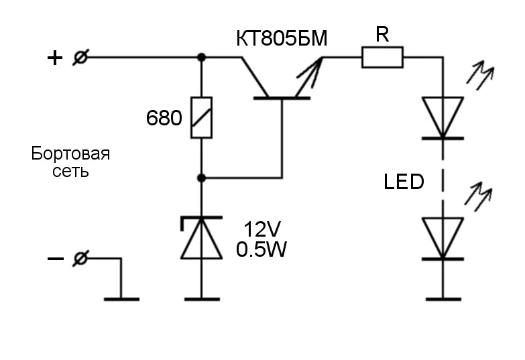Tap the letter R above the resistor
[382, 36]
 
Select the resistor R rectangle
[382, 58]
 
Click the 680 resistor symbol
[202, 118]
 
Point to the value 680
[164, 119]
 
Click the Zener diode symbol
[202, 238]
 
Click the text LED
[404, 181]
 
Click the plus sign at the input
[54, 58]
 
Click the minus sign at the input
[54, 259]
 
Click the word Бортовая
[70, 154]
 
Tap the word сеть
[70, 171]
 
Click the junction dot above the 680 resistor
[202, 58]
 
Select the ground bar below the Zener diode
[202, 298]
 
